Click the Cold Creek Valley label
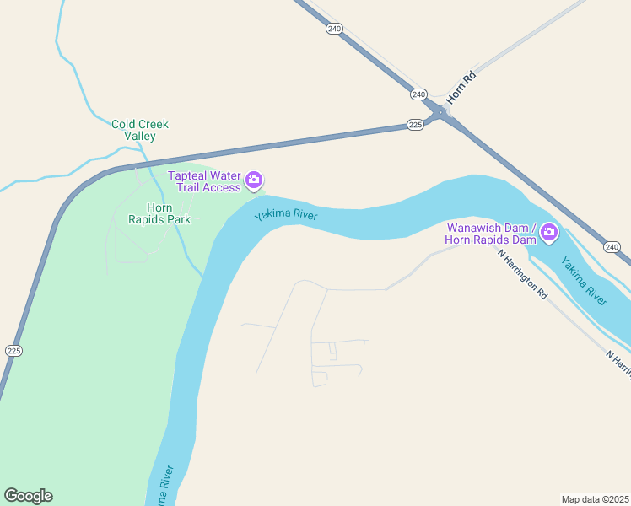[x=140, y=130]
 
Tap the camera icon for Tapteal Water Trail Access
[x=254, y=180]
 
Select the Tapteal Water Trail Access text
[x=205, y=181]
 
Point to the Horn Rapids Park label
[x=159, y=213]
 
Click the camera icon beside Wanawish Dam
[x=549, y=232]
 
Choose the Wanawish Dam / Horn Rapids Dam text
[x=491, y=234]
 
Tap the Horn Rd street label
[x=461, y=88]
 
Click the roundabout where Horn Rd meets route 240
[x=440, y=113]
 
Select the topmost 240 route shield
[x=335, y=29]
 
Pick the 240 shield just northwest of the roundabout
[x=419, y=94]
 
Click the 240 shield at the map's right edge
[x=612, y=246]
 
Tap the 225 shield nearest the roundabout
[x=414, y=125]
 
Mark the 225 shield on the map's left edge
[x=13, y=350]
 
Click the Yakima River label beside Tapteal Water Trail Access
[x=286, y=215]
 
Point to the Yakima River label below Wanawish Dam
[x=585, y=283]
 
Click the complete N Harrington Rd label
[x=523, y=276]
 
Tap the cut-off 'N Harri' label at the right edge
[x=618, y=360]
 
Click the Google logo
[x=28, y=496]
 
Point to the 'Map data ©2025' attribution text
[x=595, y=499]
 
